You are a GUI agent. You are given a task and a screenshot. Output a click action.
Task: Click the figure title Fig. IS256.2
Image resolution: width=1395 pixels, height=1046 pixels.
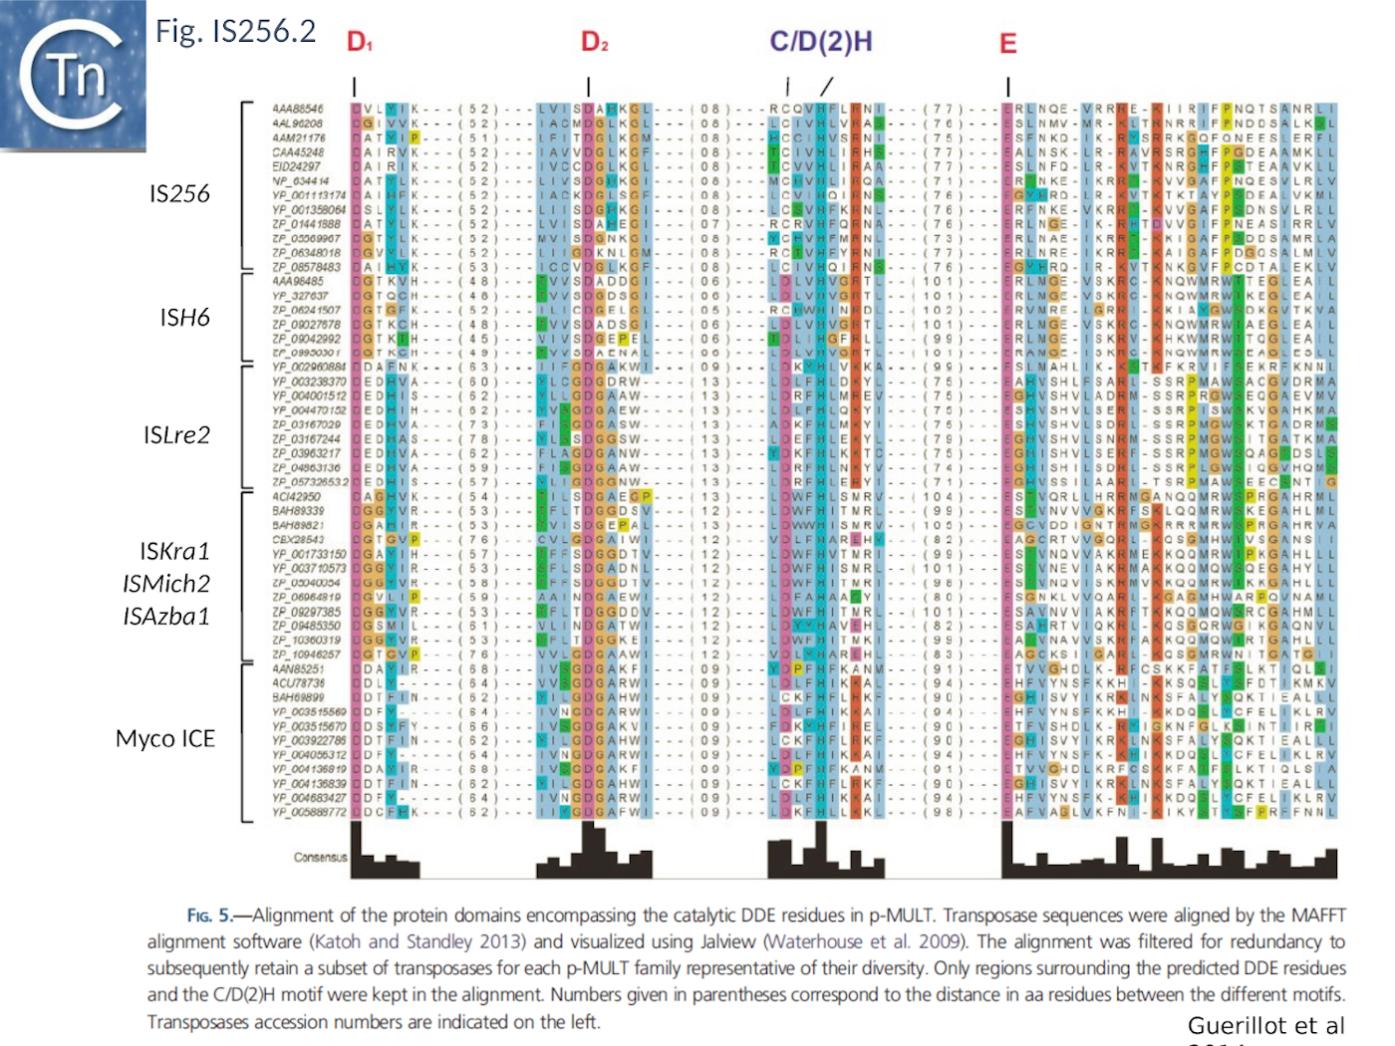(235, 31)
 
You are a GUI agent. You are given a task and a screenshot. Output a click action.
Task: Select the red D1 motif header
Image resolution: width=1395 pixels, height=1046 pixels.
(359, 42)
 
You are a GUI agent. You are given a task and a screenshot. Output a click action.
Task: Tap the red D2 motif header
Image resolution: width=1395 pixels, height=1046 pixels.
(594, 42)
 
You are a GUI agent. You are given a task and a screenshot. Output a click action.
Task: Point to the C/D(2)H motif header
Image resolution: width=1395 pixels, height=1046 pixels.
(820, 42)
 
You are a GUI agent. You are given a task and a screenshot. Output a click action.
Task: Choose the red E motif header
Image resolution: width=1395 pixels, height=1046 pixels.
(1007, 44)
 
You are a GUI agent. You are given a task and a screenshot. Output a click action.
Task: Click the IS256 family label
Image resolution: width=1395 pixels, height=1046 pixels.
(179, 193)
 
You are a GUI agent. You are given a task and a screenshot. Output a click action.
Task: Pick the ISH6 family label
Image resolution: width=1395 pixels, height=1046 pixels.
(184, 317)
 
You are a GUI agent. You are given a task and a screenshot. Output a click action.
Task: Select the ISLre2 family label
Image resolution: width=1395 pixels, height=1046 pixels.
(176, 434)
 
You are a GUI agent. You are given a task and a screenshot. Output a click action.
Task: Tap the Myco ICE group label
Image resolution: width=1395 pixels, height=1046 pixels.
(165, 738)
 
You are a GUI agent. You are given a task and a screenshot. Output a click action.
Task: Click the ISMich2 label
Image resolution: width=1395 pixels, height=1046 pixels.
(166, 584)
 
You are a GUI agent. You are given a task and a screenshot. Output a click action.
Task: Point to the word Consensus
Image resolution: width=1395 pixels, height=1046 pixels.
(320, 857)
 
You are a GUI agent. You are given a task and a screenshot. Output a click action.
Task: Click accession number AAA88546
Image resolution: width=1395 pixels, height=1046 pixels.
(298, 109)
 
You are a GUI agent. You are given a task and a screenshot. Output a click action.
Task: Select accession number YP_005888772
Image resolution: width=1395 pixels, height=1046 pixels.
(309, 812)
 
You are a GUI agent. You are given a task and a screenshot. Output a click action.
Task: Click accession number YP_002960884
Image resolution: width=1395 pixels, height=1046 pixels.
(309, 367)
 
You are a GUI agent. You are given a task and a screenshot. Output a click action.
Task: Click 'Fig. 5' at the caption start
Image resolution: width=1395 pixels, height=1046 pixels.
(208, 915)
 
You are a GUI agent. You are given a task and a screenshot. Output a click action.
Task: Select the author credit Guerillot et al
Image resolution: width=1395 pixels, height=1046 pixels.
(1265, 1026)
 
